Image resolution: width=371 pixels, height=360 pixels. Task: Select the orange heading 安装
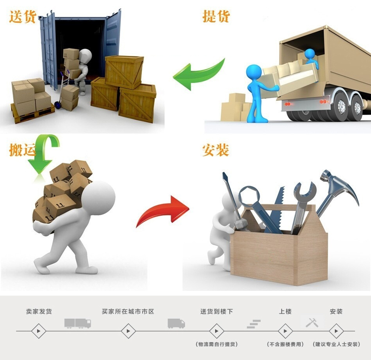point(216,150)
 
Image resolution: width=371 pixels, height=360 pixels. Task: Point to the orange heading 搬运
point(22,149)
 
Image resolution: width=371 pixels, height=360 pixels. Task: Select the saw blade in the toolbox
point(277,207)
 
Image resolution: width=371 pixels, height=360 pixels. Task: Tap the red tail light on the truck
point(287,103)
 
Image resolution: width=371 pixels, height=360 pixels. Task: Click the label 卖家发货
point(39,312)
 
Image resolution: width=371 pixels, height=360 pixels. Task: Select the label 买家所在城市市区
point(128,312)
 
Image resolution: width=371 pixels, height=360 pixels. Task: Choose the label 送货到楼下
point(216,312)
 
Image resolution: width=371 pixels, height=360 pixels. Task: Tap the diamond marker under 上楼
point(285,331)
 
